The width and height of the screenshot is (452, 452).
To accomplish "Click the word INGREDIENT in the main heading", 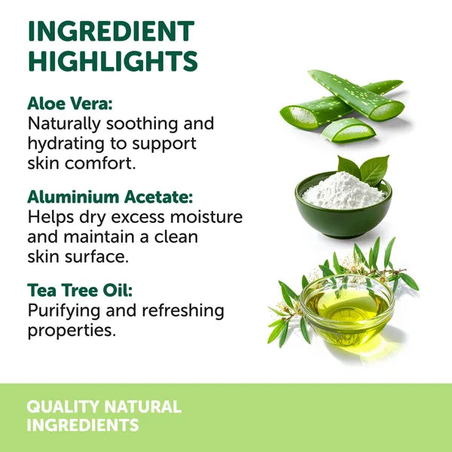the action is [x=111, y=31].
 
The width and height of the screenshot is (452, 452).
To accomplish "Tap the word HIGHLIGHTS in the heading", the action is [x=113, y=61].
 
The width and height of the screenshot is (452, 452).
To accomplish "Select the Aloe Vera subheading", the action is [x=70, y=103].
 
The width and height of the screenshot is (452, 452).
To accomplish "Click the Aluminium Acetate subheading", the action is [x=110, y=197].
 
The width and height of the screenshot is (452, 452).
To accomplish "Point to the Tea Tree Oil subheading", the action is [x=80, y=290].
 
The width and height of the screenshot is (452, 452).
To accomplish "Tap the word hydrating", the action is [x=66, y=144].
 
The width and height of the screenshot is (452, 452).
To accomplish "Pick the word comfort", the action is [x=100, y=163].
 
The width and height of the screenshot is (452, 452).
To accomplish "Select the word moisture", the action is [x=206, y=217].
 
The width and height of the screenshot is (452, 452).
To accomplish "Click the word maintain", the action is [x=99, y=237].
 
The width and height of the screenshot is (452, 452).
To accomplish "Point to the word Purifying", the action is [x=64, y=311].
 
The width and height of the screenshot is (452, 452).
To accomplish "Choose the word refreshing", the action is [x=183, y=311].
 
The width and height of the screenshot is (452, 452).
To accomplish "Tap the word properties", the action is [x=72, y=331].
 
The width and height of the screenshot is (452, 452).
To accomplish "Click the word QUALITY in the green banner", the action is [x=63, y=407].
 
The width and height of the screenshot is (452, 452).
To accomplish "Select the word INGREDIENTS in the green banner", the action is [x=83, y=425].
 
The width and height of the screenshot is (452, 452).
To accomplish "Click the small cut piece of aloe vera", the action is [x=349, y=130].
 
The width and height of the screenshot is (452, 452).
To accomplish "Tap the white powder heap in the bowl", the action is [x=344, y=191].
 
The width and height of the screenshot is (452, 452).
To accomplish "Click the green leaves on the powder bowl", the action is [x=364, y=169].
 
